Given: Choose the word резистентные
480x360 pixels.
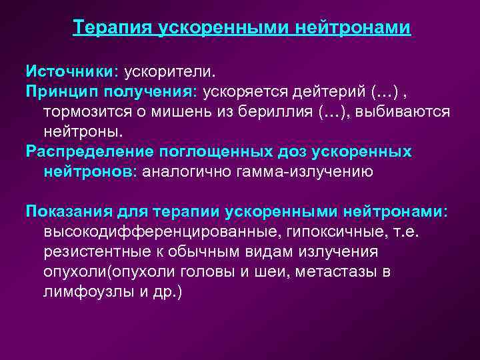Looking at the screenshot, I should coord(93,252).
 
